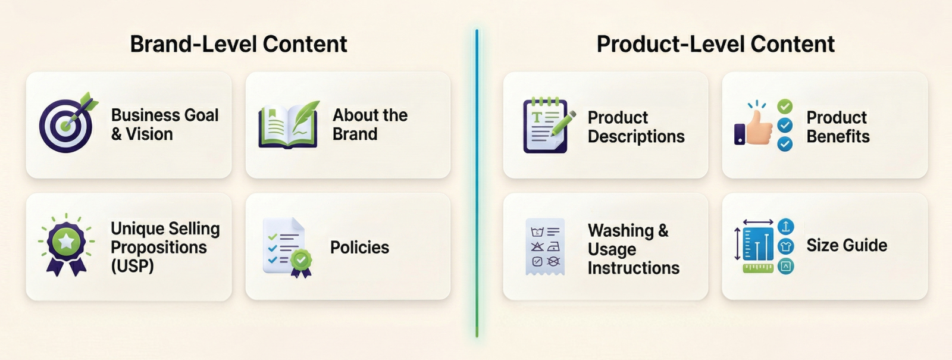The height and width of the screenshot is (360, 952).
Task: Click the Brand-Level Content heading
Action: click(239, 44)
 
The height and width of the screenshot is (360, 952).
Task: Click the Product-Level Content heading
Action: click(716, 44)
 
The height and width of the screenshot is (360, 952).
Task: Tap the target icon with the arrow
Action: click(68, 123)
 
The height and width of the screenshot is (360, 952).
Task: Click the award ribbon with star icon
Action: click(66, 245)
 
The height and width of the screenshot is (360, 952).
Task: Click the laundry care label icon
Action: click(545, 246)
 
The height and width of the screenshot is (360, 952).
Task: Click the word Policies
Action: click(359, 248)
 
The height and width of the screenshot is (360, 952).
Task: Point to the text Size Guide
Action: click(847, 245)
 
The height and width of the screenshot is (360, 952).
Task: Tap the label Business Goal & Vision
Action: click(165, 124)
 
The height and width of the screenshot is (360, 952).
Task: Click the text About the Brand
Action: click(369, 124)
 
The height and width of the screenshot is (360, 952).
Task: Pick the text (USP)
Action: click(132, 266)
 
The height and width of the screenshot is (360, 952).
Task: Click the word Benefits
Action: click(838, 136)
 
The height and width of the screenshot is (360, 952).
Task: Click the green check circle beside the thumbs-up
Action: click(785, 107)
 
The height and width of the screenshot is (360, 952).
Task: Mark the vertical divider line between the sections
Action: click(477, 183)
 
